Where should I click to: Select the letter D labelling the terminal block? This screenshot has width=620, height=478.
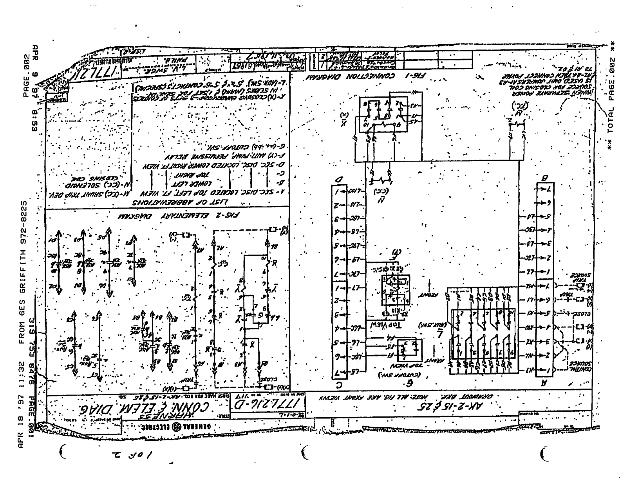(340, 180)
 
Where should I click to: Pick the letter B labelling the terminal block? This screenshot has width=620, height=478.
(545, 178)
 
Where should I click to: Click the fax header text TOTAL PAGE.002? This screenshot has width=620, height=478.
(613, 94)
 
